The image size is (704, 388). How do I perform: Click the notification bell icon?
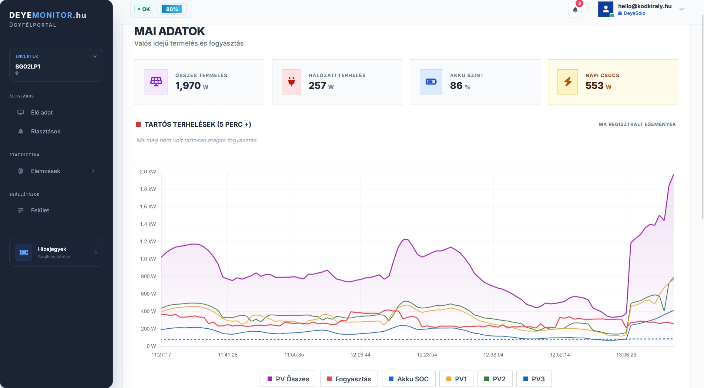[x=575, y=10]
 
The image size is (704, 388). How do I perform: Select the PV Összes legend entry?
[x=288, y=379]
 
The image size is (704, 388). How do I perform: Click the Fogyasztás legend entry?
[x=349, y=379]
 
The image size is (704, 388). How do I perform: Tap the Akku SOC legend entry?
[x=409, y=379]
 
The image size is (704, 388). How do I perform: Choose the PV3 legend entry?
[x=534, y=379]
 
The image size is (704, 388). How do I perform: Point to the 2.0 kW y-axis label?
[x=148, y=172]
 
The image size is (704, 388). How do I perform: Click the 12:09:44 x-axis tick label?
[x=361, y=355]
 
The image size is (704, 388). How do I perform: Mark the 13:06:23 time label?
[x=626, y=355]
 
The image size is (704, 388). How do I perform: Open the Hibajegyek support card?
[x=56, y=252]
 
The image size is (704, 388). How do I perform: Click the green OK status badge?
[x=144, y=9]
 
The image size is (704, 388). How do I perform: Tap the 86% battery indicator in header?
[x=172, y=9]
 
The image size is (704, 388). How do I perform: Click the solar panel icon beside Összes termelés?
[x=156, y=82]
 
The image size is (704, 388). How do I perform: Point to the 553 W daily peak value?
[x=599, y=86]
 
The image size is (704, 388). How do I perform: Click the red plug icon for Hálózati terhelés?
[x=291, y=82]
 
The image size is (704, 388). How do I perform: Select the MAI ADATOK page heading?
[x=170, y=31]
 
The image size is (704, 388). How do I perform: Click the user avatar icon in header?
[x=606, y=9]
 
